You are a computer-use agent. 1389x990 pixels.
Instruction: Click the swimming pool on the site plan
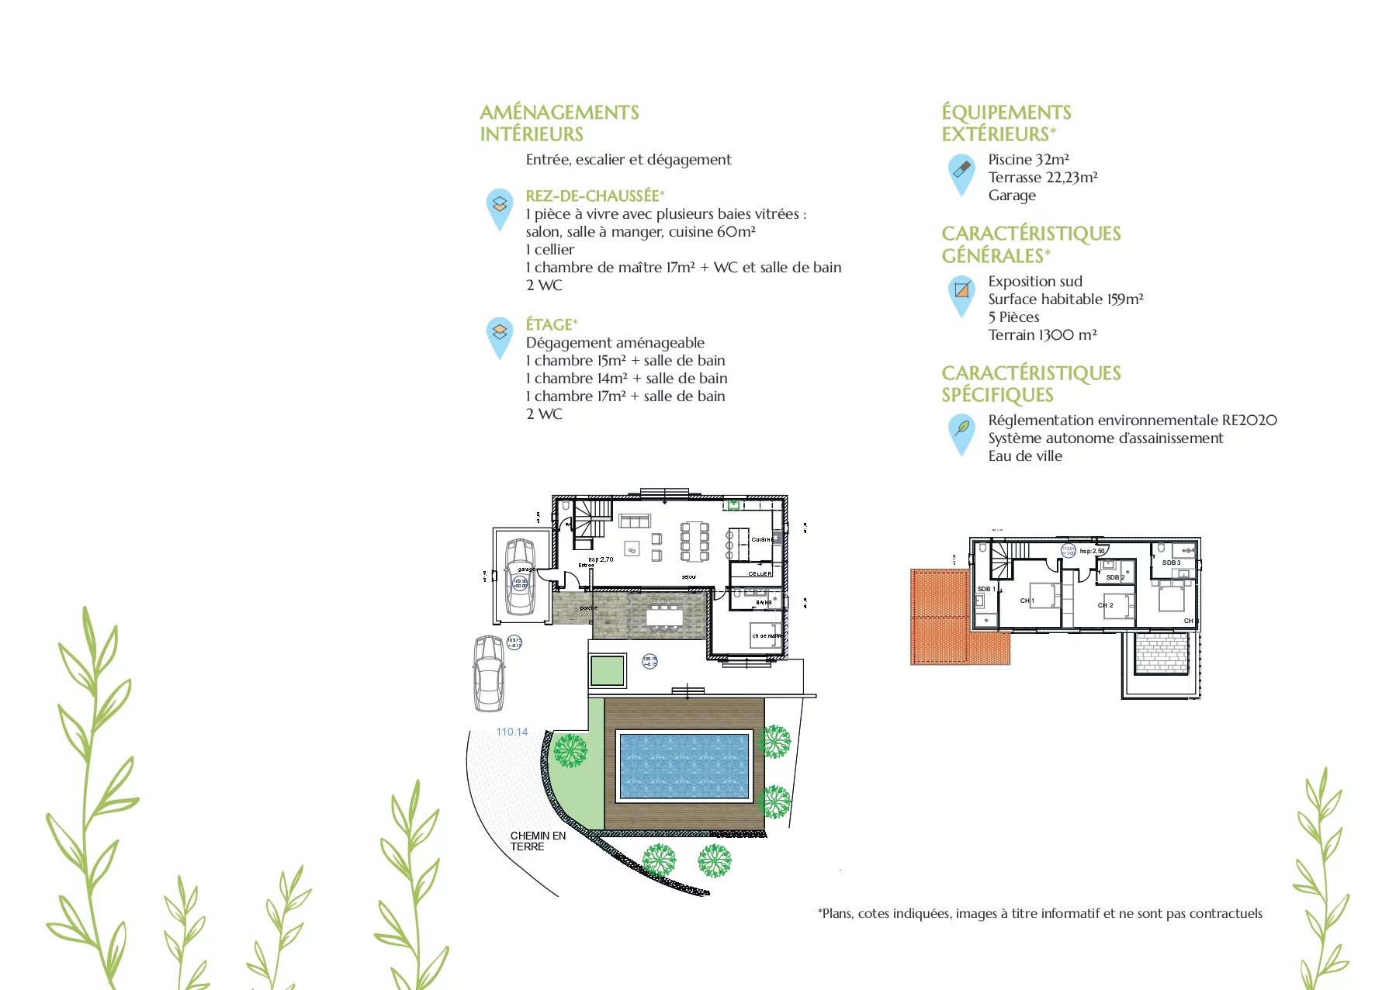pos(684,766)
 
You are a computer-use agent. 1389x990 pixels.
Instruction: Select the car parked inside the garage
pos(520,576)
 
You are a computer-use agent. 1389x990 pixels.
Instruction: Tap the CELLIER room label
pos(760,573)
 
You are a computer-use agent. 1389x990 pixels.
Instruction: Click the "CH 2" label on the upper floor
pos(1105,605)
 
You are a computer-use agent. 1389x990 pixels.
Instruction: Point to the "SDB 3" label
pos(1171,562)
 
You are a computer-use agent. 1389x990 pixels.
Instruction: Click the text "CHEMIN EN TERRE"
pos(538,841)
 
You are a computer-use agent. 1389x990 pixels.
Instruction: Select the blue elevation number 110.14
pos(512,732)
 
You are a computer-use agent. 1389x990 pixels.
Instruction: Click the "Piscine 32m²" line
pos(1028,159)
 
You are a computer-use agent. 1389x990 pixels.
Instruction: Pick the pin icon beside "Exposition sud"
pos(961,293)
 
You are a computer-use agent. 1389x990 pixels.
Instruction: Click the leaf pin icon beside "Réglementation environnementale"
pos(961,431)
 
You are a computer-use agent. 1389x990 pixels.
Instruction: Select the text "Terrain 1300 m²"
pos(1042,334)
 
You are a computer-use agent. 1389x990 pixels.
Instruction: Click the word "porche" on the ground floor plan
pos(588,607)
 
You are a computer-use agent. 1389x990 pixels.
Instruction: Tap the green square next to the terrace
pos(607,670)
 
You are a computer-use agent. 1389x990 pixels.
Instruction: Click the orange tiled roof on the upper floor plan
pos(940,617)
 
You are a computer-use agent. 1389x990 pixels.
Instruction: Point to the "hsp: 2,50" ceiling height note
pos(1092,551)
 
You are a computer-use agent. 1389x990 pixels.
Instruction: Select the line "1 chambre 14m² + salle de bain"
pos(626,378)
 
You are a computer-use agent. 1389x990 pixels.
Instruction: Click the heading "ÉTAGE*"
pos(552,324)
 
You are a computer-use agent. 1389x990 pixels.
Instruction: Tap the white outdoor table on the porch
pos(665,616)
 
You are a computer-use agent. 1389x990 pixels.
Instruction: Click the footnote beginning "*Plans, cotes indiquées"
pos(1040,913)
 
